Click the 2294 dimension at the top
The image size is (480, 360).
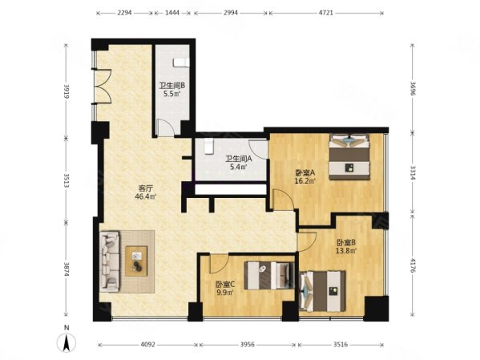124,13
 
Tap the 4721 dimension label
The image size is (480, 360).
325,13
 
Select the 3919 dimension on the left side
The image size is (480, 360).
67,91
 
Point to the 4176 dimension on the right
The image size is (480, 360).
413,266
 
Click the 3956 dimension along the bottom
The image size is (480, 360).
247,345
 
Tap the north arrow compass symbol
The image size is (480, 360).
67,342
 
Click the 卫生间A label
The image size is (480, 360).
239,159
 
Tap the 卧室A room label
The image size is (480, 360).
305,173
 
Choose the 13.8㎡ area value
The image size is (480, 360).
346,251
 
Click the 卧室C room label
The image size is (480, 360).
225,285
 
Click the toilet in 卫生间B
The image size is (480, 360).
181,63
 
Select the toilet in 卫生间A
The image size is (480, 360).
209,146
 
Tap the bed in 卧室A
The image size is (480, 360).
349,156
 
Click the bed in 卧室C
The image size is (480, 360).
269,275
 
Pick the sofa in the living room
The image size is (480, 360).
109,261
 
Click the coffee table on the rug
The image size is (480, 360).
136,261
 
